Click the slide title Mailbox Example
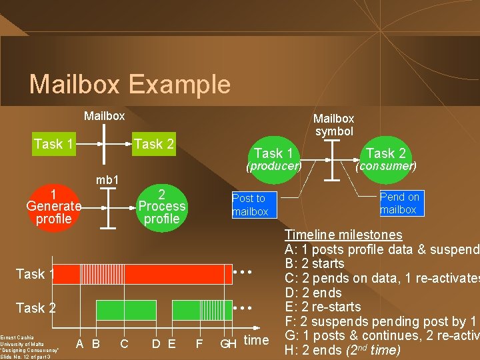tap(129, 85)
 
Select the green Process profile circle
tap(161, 206)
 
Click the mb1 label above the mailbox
tap(107, 180)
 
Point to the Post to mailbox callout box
tap(250, 205)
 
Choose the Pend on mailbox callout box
tap(399, 203)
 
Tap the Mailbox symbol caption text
tap(334, 125)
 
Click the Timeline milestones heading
tap(343, 235)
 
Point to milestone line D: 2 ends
tap(313, 293)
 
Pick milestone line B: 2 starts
tap(315, 263)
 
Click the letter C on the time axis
tap(125, 344)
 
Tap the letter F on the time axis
tap(199, 344)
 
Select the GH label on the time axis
tap(229, 344)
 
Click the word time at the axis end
tap(257, 340)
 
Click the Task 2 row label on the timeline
tap(35, 308)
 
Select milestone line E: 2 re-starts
tap(323, 307)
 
